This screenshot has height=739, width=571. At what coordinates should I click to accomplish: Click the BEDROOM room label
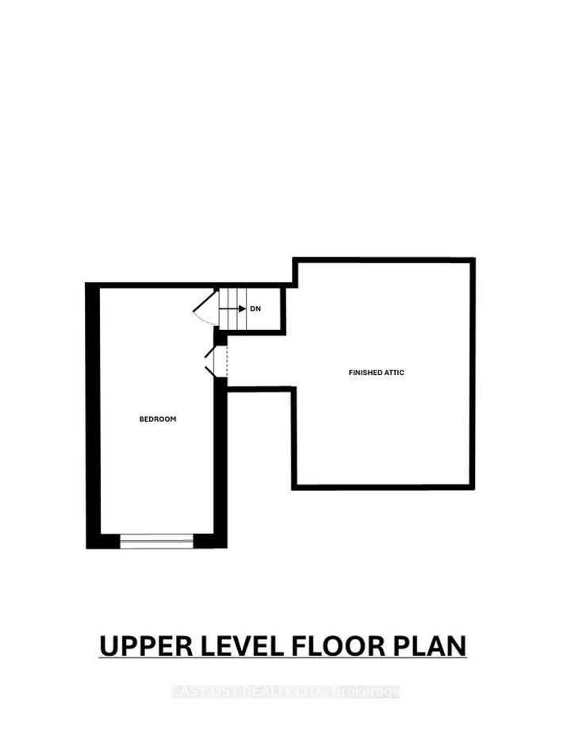click(158, 419)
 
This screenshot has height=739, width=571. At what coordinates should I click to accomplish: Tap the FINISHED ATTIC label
click(377, 372)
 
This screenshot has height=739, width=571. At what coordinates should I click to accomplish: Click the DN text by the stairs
click(255, 308)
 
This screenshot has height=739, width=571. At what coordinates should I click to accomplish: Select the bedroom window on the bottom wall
click(156, 542)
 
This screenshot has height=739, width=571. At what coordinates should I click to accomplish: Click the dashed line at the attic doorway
click(227, 362)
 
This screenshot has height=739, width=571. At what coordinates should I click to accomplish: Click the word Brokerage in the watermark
click(369, 692)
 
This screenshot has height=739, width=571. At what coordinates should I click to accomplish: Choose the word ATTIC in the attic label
click(394, 372)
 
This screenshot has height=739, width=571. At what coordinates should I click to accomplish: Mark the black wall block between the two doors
click(220, 339)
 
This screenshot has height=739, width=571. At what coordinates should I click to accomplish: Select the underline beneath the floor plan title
click(283, 658)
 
